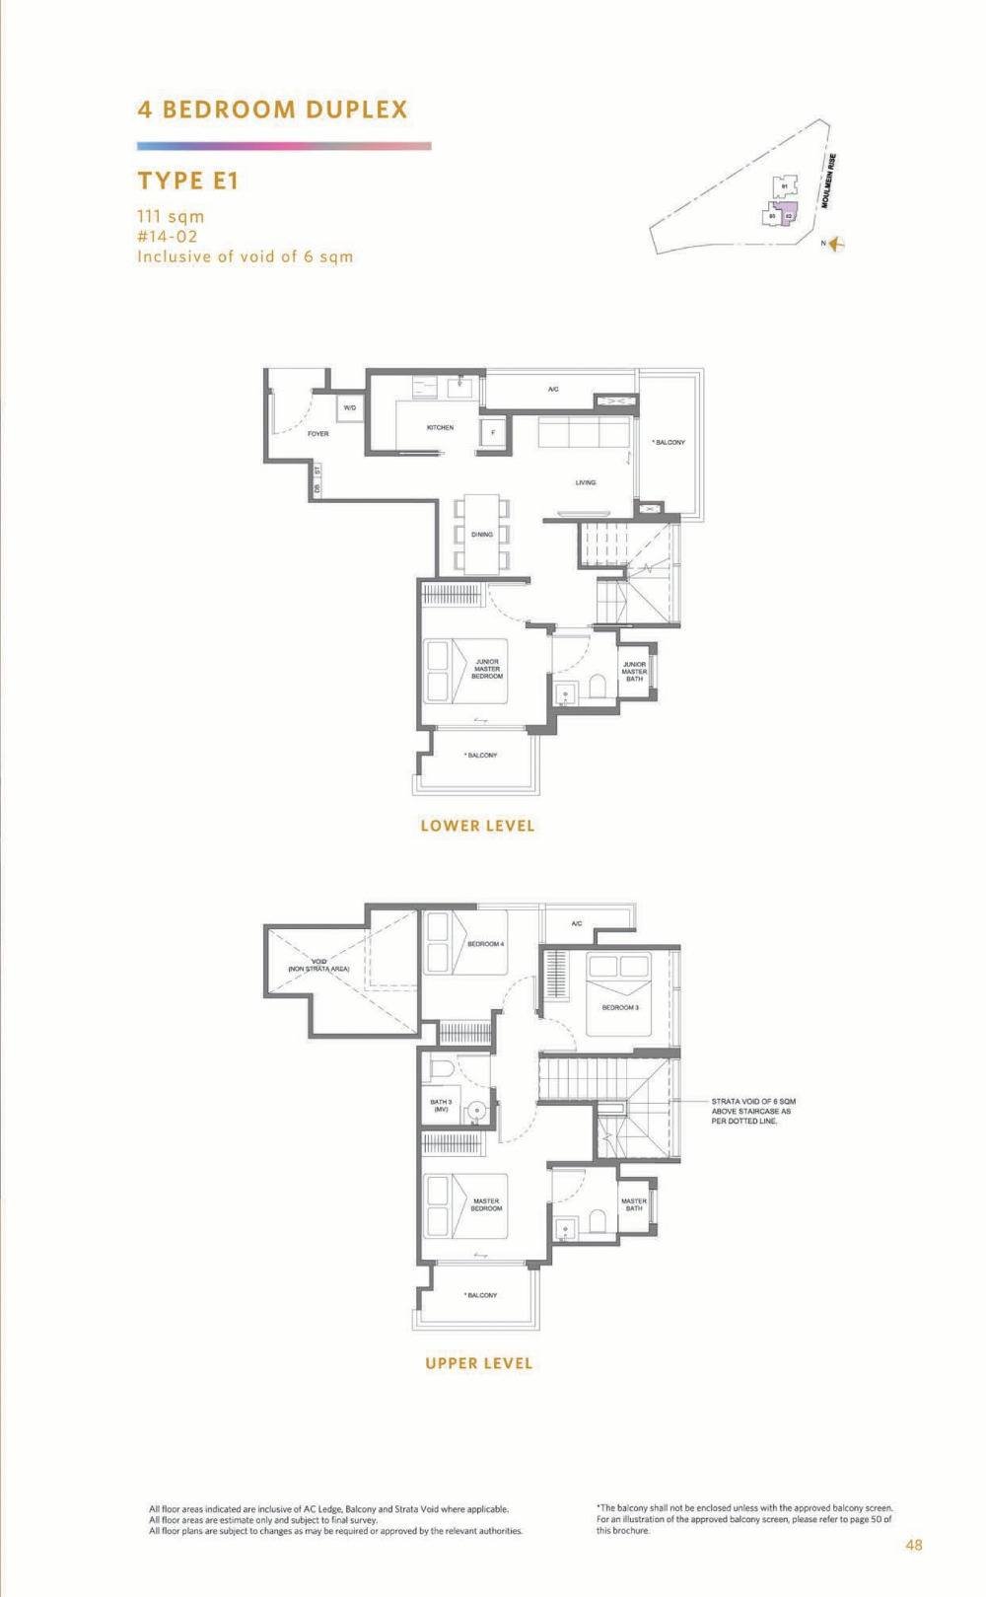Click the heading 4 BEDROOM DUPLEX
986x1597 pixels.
[272, 109]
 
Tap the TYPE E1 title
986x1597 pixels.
[188, 181]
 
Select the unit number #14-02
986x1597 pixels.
[168, 237]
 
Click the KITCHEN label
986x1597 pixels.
[440, 427]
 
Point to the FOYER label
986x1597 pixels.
[317, 433]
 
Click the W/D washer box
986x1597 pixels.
[350, 407]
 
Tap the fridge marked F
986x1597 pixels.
[492, 432]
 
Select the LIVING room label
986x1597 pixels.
[586, 482]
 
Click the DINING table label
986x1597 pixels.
[481, 534]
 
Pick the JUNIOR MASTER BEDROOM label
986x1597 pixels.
[487, 669]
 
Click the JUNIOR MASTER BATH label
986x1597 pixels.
[634, 672]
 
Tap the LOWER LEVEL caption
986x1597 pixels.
[477, 826]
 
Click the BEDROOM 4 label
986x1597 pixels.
[485, 944]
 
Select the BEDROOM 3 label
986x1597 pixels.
[620, 1007]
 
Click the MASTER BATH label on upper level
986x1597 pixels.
[634, 1204]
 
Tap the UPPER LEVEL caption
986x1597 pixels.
[478, 1363]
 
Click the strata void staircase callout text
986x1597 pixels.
[753, 1111]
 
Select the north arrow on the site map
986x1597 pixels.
[838, 244]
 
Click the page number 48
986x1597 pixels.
[914, 1545]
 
